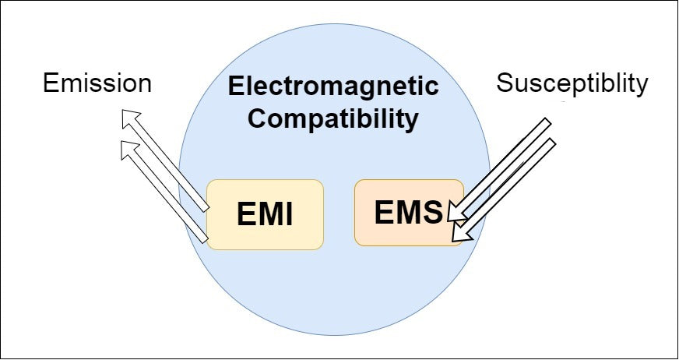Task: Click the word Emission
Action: click(x=97, y=83)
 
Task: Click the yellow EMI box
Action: click(x=265, y=214)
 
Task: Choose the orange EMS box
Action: click(x=409, y=213)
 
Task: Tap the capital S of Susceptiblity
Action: click(x=505, y=83)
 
